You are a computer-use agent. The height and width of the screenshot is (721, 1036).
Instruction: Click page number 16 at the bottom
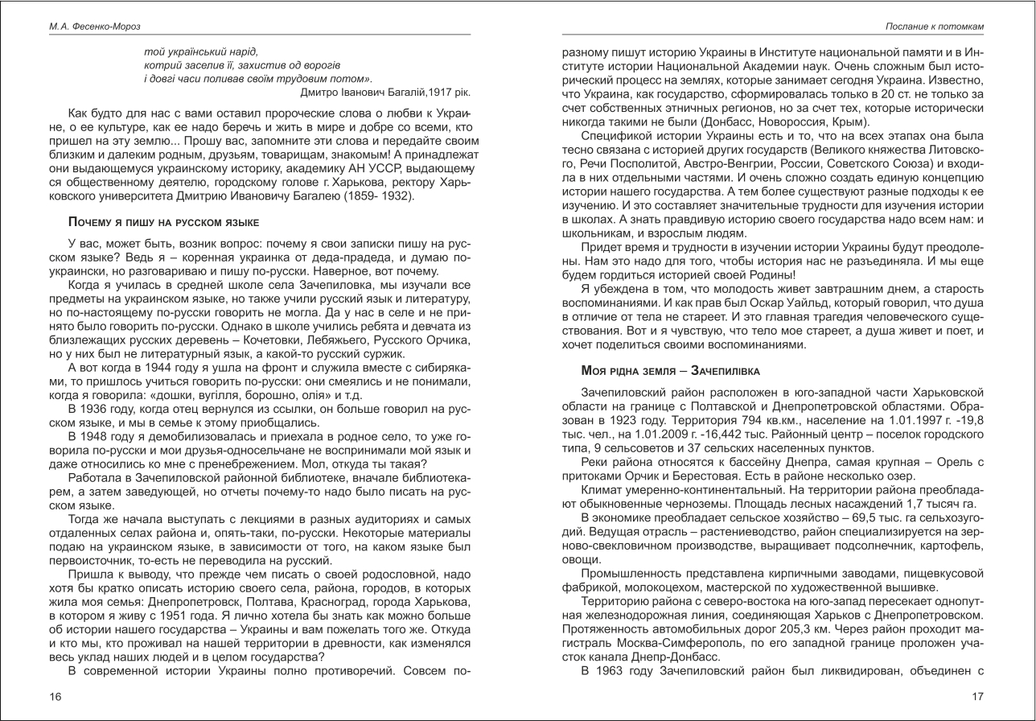click(x=55, y=697)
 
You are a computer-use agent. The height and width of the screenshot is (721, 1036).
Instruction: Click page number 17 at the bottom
click(x=977, y=697)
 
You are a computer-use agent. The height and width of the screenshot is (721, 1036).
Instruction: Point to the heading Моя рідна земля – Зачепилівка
click(x=670, y=370)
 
